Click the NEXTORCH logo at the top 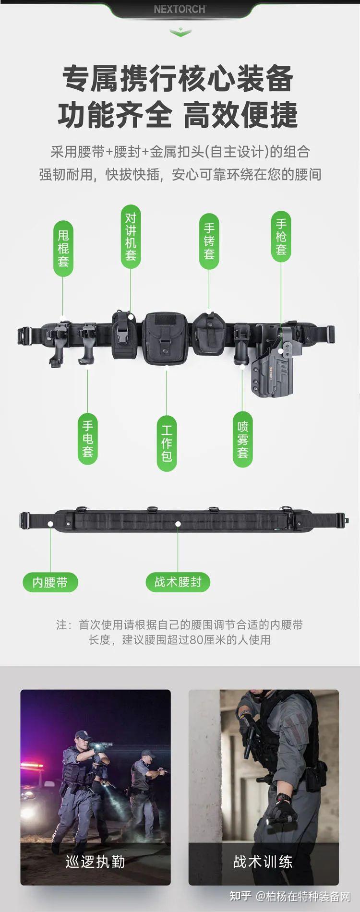coord(180,9)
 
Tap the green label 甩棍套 coord(63,248)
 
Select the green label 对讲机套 coord(131,237)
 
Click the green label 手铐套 coord(209,240)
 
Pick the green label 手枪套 coord(281,237)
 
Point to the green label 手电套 coord(87,439)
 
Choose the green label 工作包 coord(167,443)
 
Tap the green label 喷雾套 coord(243,439)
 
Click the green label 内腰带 coord(50,582)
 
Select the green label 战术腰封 coord(178,582)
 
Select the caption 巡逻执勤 coord(95,862)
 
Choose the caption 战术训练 coord(263,861)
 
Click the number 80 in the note coord(197,640)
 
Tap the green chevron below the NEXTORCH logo coord(180,32)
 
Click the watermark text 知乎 coord(240,896)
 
